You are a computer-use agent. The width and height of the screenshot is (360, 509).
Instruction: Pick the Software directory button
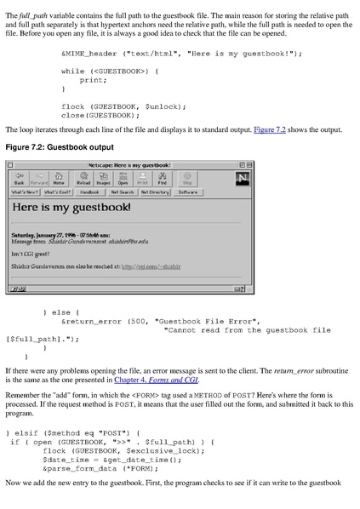point(186,192)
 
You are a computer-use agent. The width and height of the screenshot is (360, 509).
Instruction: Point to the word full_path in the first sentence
point(31,7)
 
